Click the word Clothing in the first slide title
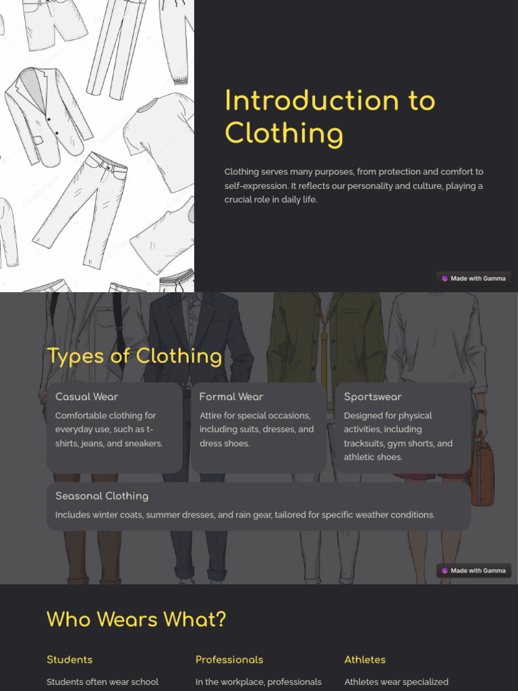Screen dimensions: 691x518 click(283, 133)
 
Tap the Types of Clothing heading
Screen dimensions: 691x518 click(134, 356)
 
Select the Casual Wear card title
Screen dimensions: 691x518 click(86, 397)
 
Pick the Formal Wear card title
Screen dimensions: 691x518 click(231, 397)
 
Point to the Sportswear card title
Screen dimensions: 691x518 click(372, 397)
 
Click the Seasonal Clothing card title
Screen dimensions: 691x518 click(102, 496)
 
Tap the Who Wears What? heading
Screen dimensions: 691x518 click(136, 619)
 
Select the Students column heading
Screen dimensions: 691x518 click(69, 659)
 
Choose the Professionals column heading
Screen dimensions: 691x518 click(229, 659)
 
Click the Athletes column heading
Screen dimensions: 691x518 click(365, 659)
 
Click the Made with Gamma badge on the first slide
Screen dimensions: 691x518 click(473, 278)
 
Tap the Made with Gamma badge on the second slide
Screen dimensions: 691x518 click(473, 571)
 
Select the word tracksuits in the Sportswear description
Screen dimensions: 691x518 click(364, 443)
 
